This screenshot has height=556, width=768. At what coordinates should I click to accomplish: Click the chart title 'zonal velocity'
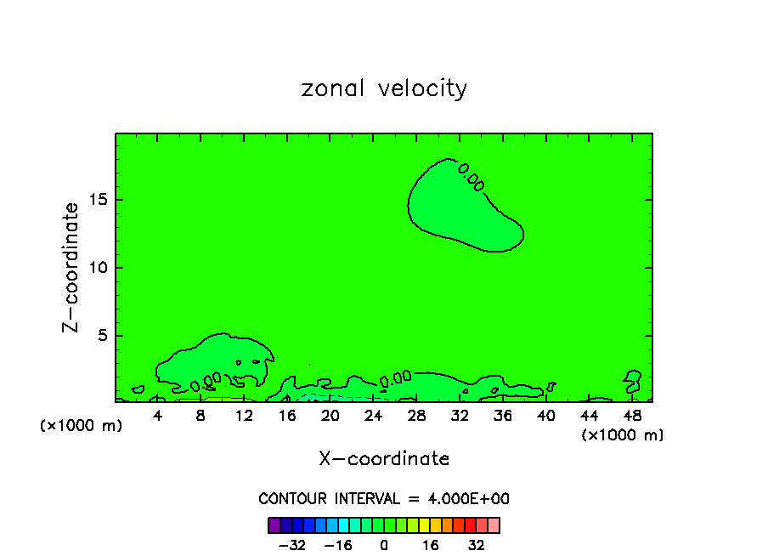coord(384,88)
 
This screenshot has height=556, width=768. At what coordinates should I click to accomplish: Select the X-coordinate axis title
coord(384,459)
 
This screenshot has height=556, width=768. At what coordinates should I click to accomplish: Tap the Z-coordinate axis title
coord(71,267)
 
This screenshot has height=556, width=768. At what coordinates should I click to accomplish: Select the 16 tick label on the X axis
coord(287,417)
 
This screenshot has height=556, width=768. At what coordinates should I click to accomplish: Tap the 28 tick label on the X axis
coord(416,417)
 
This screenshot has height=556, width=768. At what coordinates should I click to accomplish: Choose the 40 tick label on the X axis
coord(545,417)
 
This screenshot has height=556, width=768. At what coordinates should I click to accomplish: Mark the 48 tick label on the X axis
coord(631,417)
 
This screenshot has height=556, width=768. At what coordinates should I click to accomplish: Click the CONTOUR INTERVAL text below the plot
coord(384,499)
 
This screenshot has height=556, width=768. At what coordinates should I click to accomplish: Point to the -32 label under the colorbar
coord(293,546)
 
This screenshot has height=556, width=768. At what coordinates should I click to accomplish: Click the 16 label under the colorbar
coord(432,546)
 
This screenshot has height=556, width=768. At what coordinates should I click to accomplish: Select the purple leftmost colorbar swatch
coord(274,525)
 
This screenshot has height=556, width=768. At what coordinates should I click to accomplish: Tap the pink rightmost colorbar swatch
coord(494,525)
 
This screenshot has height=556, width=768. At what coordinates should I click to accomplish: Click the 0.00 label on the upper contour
coord(471,177)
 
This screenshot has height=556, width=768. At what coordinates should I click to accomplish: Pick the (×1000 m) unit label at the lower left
coord(82,426)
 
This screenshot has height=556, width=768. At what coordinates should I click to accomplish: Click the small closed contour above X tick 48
coord(633,376)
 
